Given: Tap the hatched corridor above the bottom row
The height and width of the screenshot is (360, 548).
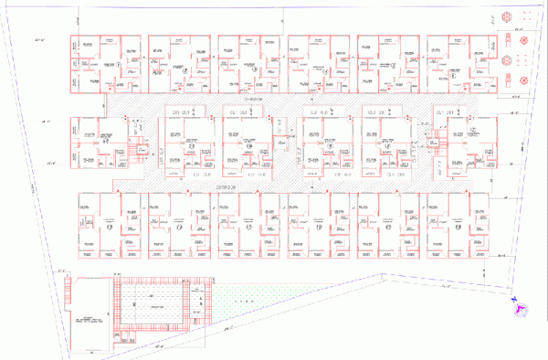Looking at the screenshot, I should (274, 185).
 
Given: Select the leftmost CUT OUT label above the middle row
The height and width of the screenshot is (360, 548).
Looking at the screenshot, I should (182, 111).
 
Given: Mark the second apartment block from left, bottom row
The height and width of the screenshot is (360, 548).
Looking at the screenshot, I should (187, 225).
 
